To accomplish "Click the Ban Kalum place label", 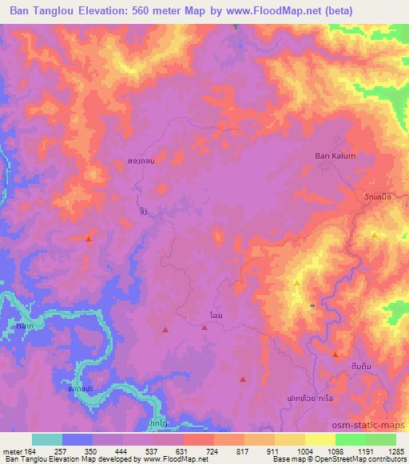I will (x=334, y=156).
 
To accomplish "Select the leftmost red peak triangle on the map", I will (x=89, y=238).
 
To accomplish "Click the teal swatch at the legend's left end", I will (x=47, y=439).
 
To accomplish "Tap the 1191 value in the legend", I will (x=351, y=450).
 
